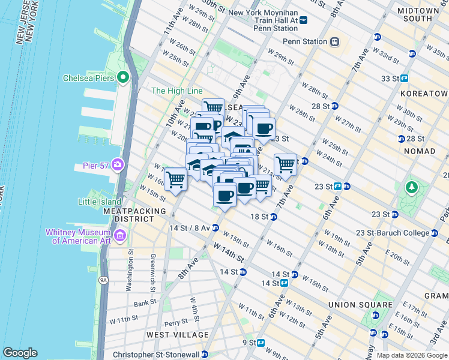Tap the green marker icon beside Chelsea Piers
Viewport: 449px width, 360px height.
pos(124,77)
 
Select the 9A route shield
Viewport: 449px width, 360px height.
pos(103,280)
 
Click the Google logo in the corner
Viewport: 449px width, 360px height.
pos(20,353)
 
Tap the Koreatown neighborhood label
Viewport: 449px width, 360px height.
pos(426,94)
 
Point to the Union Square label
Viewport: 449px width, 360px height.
pos(357,304)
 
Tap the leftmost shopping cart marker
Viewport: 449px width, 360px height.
pos(175,178)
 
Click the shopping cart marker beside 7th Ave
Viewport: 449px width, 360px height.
pos(286,164)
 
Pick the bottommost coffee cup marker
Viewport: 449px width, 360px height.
pos(225,195)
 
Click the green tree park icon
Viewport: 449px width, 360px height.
pos(412,188)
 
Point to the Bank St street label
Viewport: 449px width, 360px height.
pos(146,304)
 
